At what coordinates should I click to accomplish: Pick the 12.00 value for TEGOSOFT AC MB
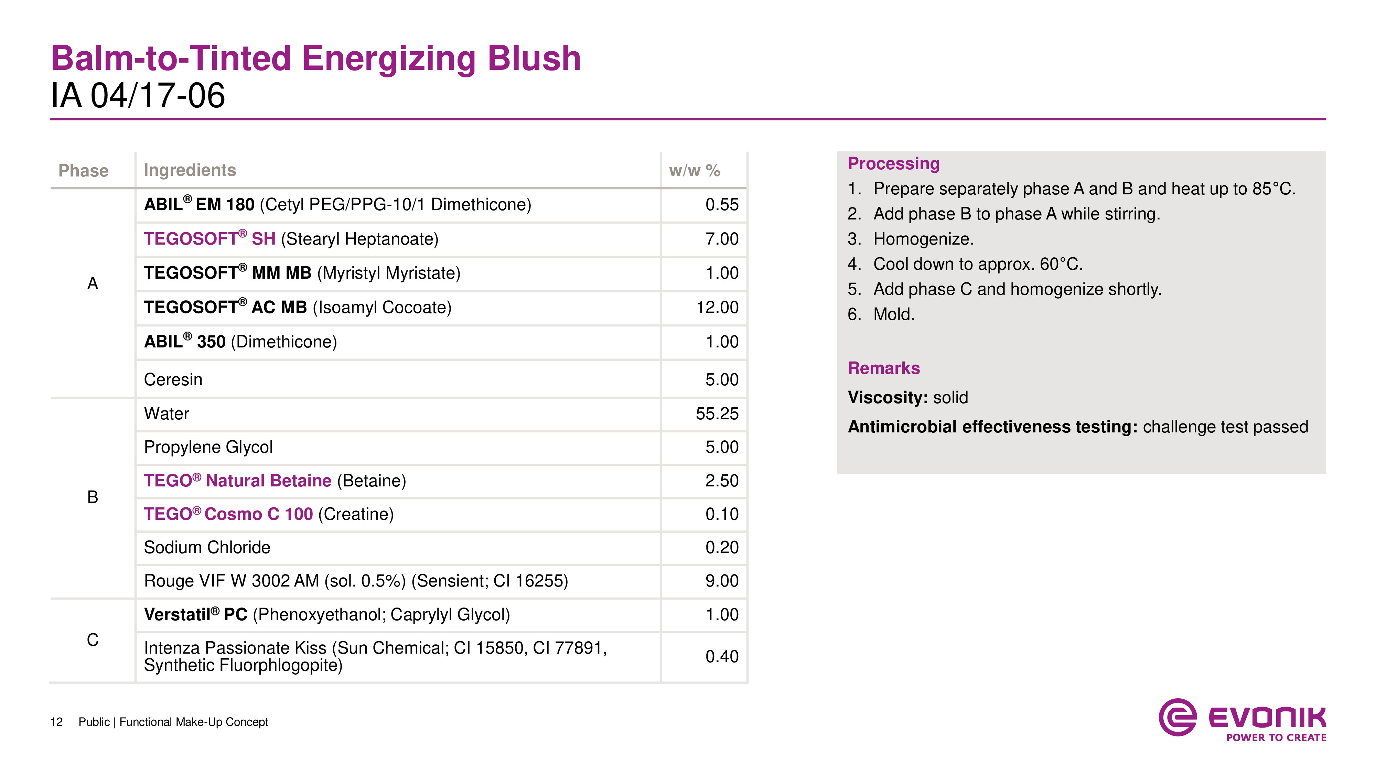click(x=717, y=308)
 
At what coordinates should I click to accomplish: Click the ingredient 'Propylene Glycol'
click(x=208, y=447)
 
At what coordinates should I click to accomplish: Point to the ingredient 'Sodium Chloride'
click(x=207, y=548)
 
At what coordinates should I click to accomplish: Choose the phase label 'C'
click(x=93, y=640)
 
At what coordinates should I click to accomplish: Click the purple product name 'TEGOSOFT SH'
click(x=209, y=239)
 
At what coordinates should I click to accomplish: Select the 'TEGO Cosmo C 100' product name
click(x=228, y=514)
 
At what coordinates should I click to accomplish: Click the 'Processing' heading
click(x=893, y=163)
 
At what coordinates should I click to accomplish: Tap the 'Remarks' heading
click(x=883, y=368)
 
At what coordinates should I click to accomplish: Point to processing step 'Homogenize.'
click(x=923, y=239)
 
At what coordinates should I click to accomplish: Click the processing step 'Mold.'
click(x=894, y=314)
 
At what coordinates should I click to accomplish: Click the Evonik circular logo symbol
click(x=1177, y=717)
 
